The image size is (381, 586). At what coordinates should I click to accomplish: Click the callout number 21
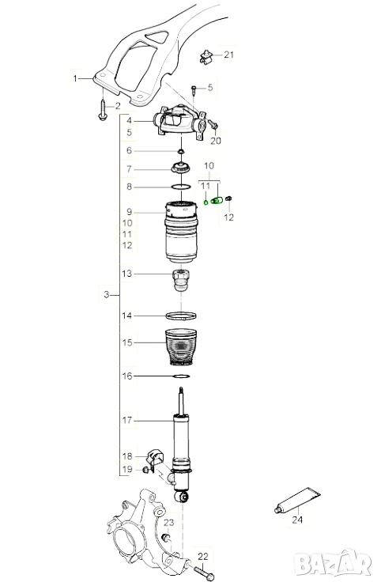click(228, 55)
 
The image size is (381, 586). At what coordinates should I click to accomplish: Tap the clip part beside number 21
click(205, 56)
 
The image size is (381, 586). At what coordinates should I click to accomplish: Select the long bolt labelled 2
click(102, 109)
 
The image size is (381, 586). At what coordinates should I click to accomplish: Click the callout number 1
click(75, 78)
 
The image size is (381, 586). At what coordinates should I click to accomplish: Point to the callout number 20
click(216, 141)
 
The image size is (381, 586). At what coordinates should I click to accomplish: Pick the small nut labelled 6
click(181, 151)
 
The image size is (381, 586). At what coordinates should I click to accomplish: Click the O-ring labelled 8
click(181, 187)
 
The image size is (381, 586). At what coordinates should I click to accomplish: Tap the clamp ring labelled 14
click(181, 316)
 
